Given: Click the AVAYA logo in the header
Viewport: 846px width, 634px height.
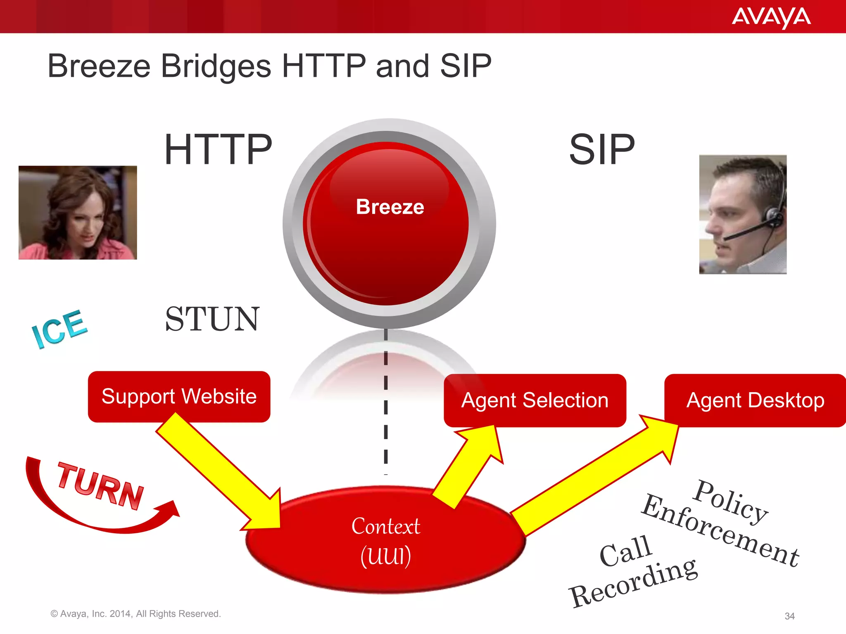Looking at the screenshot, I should [x=771, y=18].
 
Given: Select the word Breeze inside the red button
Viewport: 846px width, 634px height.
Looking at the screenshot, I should [x=390, y=207].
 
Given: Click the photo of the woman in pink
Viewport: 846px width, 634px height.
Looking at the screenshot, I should [x=78, y=213].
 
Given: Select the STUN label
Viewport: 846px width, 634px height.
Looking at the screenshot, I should [x=212, y=319].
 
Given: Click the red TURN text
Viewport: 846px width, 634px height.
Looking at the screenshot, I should [x=100, y=486].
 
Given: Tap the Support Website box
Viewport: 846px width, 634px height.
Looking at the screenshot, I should [x=179, y=397].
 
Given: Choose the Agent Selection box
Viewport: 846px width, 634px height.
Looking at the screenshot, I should [x=535, y=400].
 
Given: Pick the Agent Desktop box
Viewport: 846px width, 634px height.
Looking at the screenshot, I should [x=755, y=400].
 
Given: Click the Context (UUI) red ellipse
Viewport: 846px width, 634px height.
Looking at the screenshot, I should [x=385, y=541].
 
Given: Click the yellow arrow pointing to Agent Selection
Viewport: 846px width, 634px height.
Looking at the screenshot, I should [x=471, y=466].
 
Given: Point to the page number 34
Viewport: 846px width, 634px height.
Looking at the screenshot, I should [x=789, y=616].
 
